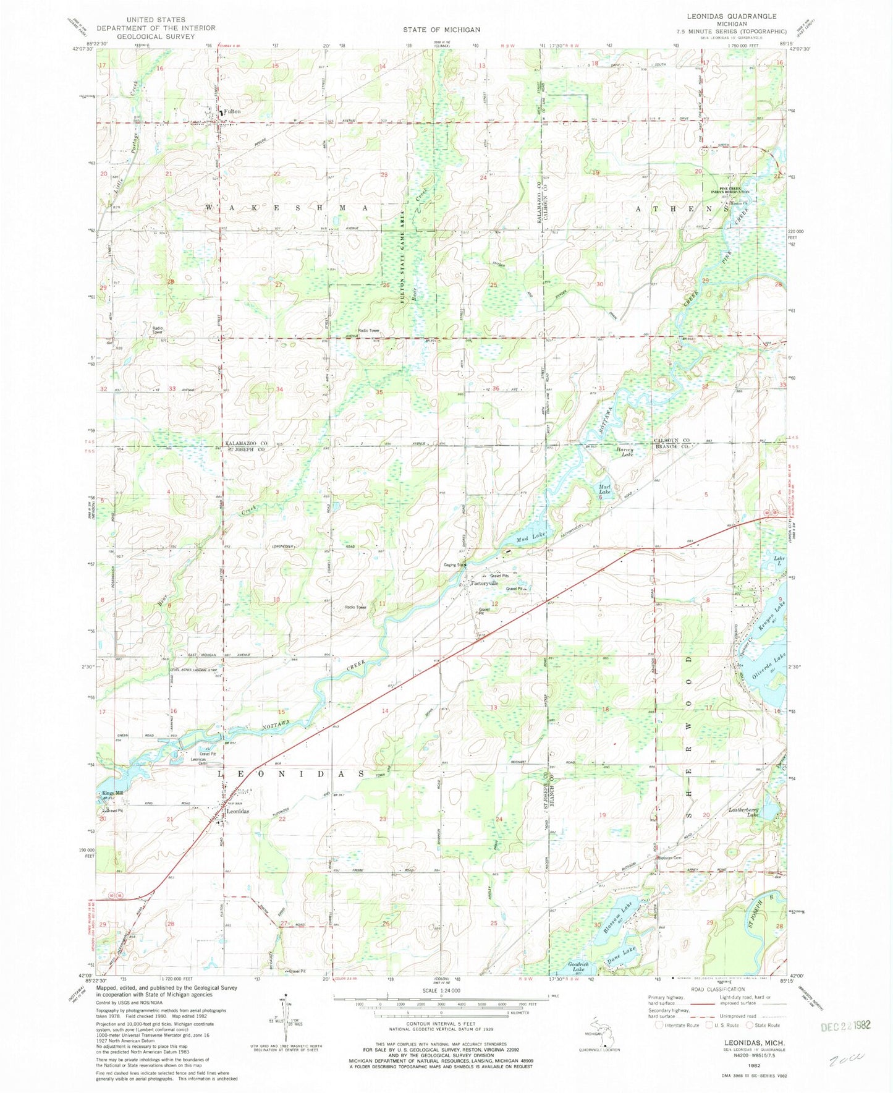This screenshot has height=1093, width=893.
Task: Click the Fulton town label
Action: [232, 111]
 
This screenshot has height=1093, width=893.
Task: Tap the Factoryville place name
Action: [485, 583]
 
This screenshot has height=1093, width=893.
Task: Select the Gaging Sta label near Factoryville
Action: [453, 564]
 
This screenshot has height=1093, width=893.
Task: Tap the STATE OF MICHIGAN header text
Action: [441, 30]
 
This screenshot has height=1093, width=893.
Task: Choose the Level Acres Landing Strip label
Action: [197, 669]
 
